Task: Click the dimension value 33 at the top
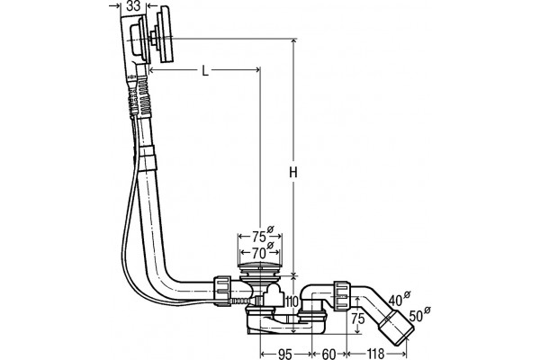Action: click(x=133, y=6)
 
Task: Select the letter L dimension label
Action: click(x=205, y=71)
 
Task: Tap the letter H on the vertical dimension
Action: click(x=293, y=172)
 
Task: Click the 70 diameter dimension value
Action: click(x=258, y=253)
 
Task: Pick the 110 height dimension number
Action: click(x=292, y=302)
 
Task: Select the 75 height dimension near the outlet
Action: click(x=358, y=319)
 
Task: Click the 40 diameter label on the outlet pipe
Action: click(x=395, y=300)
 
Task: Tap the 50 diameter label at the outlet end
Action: click(x=416, y=316)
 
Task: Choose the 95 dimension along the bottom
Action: click(x=284, y=354)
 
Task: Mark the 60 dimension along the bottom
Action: click(x=328, y=354)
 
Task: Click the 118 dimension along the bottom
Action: click(x=375, y=354)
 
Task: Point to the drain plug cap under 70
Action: click(x=260, y=266)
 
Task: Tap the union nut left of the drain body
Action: click(x=222, y=290)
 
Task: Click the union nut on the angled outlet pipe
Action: click(x=342, y=295)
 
